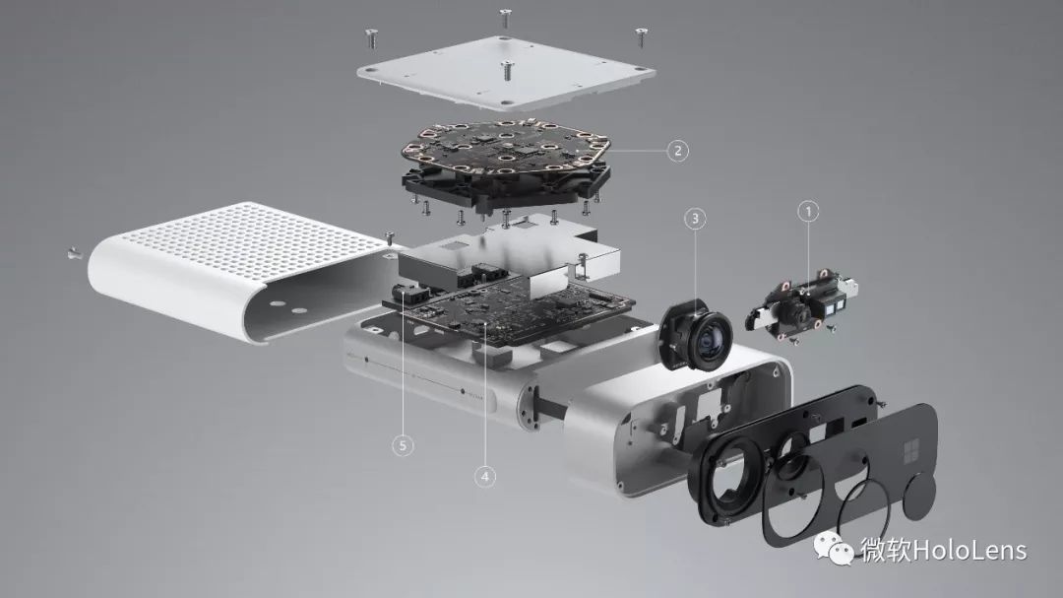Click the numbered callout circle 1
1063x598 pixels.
(807, 212)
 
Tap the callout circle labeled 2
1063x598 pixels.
(677, 150)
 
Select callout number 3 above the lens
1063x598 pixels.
(695, 219)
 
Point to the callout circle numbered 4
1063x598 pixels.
(484, 477)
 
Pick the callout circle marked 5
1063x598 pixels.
(403, 445)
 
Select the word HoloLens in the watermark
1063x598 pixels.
(970, 549)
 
